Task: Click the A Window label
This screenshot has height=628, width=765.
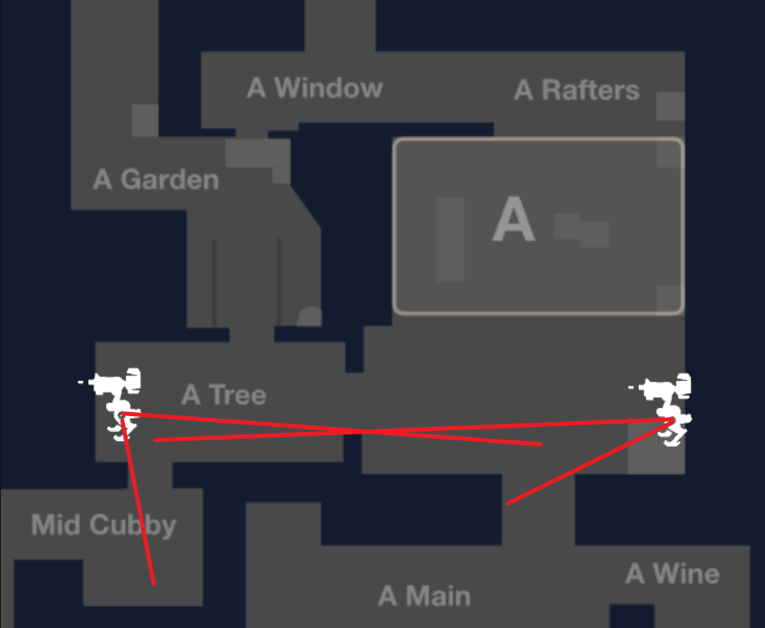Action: point(315,88)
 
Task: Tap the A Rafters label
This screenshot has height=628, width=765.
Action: point(576,90)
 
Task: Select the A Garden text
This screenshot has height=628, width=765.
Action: point(156,179)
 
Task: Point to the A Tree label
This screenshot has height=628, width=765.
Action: point(224,394)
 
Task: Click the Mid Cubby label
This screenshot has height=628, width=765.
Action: point(103,525)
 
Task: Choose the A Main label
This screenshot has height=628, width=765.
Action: point(424,595)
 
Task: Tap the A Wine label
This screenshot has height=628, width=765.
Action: point(672,574)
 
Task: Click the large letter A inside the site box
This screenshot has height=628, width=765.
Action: point(513,221)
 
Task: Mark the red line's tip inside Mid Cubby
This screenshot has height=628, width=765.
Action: point(154,583)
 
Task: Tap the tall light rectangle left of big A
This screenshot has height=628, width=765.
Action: point(450,239)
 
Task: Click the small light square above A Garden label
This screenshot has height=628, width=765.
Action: point(144,120)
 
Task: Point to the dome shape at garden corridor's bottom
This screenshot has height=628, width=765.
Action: point(310,317)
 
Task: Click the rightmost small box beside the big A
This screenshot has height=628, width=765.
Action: point(594,234)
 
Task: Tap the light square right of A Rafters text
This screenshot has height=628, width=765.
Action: point(670,106)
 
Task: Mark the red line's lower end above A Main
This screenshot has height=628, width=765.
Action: point(508,504)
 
